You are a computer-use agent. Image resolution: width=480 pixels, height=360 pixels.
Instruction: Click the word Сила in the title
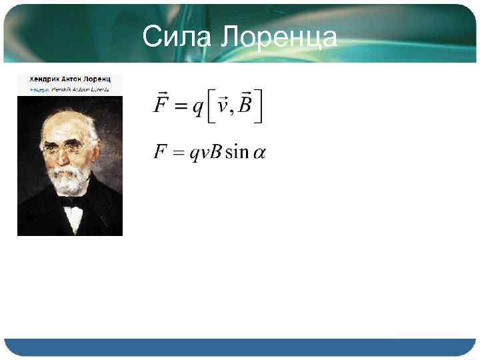tap(174, 37)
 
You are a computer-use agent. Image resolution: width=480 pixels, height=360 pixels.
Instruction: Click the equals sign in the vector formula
tap(180, 108)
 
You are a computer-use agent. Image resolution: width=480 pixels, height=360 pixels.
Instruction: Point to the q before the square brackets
tap(198, 109)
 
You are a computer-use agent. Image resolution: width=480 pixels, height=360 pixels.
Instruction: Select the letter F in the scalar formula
tap(160, 153)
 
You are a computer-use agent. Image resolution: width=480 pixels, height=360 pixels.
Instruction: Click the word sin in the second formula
tap(237, 153)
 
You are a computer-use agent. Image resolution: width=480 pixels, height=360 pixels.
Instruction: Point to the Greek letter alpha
tap(259, 154)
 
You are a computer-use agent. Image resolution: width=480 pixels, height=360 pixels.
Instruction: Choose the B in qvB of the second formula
tap(215, 153)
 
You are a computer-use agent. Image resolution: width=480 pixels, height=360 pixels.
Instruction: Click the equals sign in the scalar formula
tap(178, 153)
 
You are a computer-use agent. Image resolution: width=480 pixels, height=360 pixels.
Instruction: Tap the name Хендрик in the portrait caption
tap(43, 79)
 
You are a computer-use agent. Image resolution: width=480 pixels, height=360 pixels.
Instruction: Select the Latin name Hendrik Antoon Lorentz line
tap(80, 88)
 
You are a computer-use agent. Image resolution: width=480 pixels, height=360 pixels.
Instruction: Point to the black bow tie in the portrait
tap(72, 203)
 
